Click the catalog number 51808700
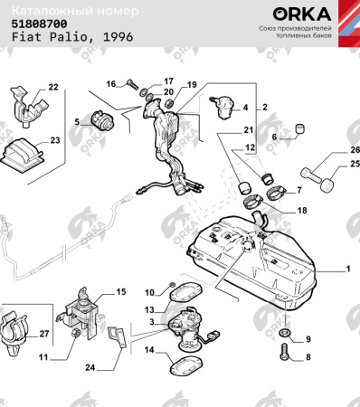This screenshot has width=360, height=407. [x=38, y=26]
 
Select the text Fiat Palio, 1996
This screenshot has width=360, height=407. [x=62, y=41]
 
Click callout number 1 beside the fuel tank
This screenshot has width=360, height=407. [x=346, y=270]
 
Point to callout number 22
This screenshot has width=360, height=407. [x=52, y=87]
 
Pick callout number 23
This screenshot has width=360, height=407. [x=54, y=140]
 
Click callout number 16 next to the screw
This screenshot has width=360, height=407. [x=111, y=84]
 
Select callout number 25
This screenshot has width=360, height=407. [x=342, y=166]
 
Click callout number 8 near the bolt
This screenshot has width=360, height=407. [x=307, y=357]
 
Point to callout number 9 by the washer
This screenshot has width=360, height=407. [x=307, y=338]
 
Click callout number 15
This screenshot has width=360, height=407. [x=120, y=292]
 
